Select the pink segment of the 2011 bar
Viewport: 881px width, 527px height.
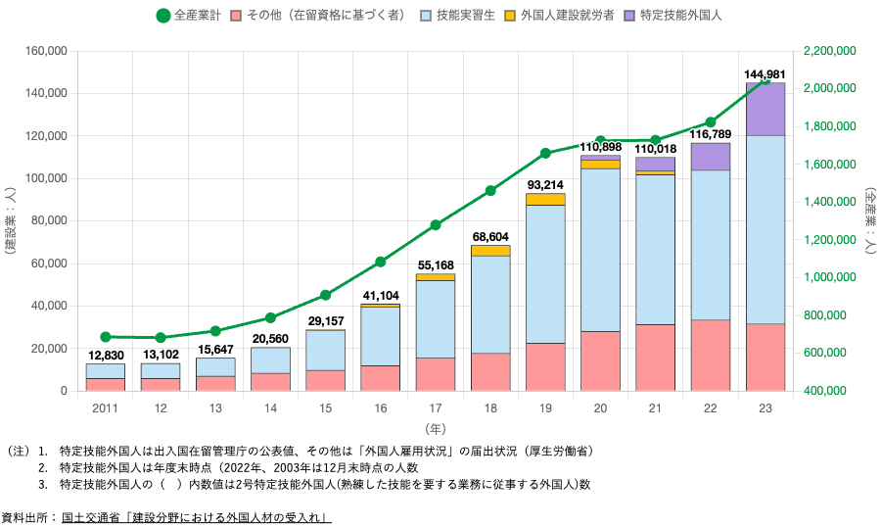[x=106, y=385]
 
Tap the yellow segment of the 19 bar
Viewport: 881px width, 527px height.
[x=545, y=199]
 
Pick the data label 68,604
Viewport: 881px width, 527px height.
[x=490, y=237]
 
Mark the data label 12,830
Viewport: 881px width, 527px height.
[x=106, y=356]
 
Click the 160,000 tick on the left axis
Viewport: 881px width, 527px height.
[x=46, y=51]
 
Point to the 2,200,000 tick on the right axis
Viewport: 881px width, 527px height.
[x=829, y=51]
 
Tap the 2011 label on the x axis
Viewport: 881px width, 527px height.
[x=106, y=406]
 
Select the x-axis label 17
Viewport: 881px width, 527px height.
[x=436, y=406]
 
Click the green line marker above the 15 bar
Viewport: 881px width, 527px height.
[x=326, y=295]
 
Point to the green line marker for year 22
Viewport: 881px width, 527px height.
[x=711, y=122]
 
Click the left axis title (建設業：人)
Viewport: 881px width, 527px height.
[x=9, y=220]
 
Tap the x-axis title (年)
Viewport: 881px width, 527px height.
[x=436, y=428]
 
